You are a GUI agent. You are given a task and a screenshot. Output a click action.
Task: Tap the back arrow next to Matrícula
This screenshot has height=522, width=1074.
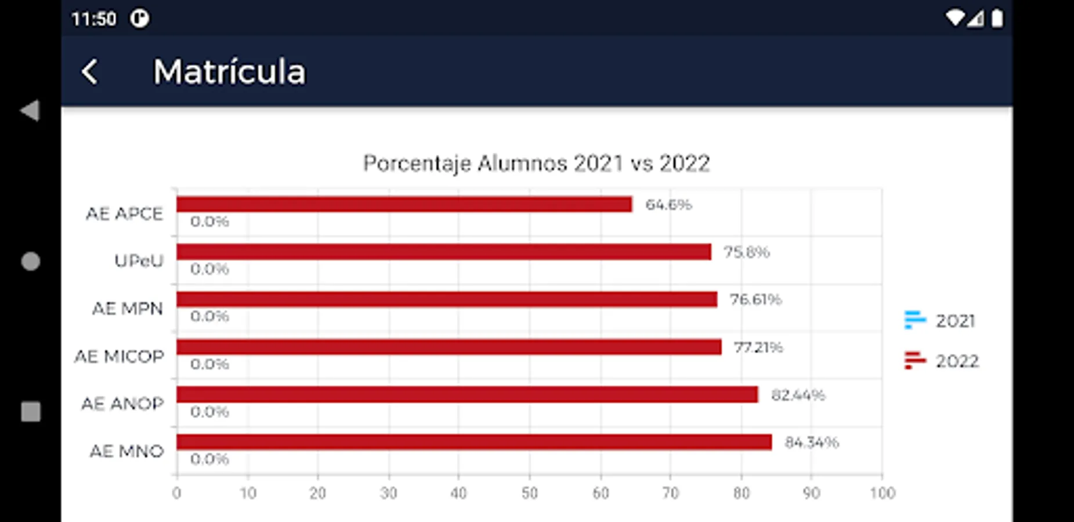90,72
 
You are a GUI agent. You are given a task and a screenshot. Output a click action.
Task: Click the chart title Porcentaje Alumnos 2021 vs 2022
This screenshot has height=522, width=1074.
536,164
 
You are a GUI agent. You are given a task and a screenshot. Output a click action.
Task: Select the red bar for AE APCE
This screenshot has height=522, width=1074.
404,204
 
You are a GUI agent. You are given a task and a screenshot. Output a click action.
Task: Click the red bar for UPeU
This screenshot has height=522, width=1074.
444,252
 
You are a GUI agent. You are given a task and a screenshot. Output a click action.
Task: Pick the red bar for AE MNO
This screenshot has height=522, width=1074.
474,442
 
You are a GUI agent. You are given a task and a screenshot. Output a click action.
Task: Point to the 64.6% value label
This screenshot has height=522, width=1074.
668,205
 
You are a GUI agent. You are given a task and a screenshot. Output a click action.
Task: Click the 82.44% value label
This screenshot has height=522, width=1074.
798,395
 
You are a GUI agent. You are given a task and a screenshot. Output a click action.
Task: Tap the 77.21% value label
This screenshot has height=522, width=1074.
758,347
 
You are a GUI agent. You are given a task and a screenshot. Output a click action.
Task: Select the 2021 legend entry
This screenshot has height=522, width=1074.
941,320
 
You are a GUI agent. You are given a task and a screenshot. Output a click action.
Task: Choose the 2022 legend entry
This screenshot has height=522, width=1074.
942,361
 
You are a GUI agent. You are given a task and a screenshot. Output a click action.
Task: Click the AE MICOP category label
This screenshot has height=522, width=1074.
120,356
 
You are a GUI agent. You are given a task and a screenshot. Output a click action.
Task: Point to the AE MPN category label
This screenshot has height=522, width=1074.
128,309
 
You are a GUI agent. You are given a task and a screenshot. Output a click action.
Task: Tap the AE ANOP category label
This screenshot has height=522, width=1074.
122,404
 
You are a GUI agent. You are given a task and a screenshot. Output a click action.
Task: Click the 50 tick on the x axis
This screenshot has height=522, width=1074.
529,493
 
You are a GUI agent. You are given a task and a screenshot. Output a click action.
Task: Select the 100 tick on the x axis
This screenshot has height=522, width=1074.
882,493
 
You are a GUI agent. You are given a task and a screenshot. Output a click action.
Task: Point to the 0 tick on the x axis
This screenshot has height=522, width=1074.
176,493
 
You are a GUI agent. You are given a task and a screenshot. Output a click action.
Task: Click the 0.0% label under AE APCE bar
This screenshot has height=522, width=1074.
209,222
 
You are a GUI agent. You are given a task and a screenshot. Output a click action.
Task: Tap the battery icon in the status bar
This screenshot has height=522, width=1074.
997,19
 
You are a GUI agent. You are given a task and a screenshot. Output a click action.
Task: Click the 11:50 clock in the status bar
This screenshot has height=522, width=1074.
94,19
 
